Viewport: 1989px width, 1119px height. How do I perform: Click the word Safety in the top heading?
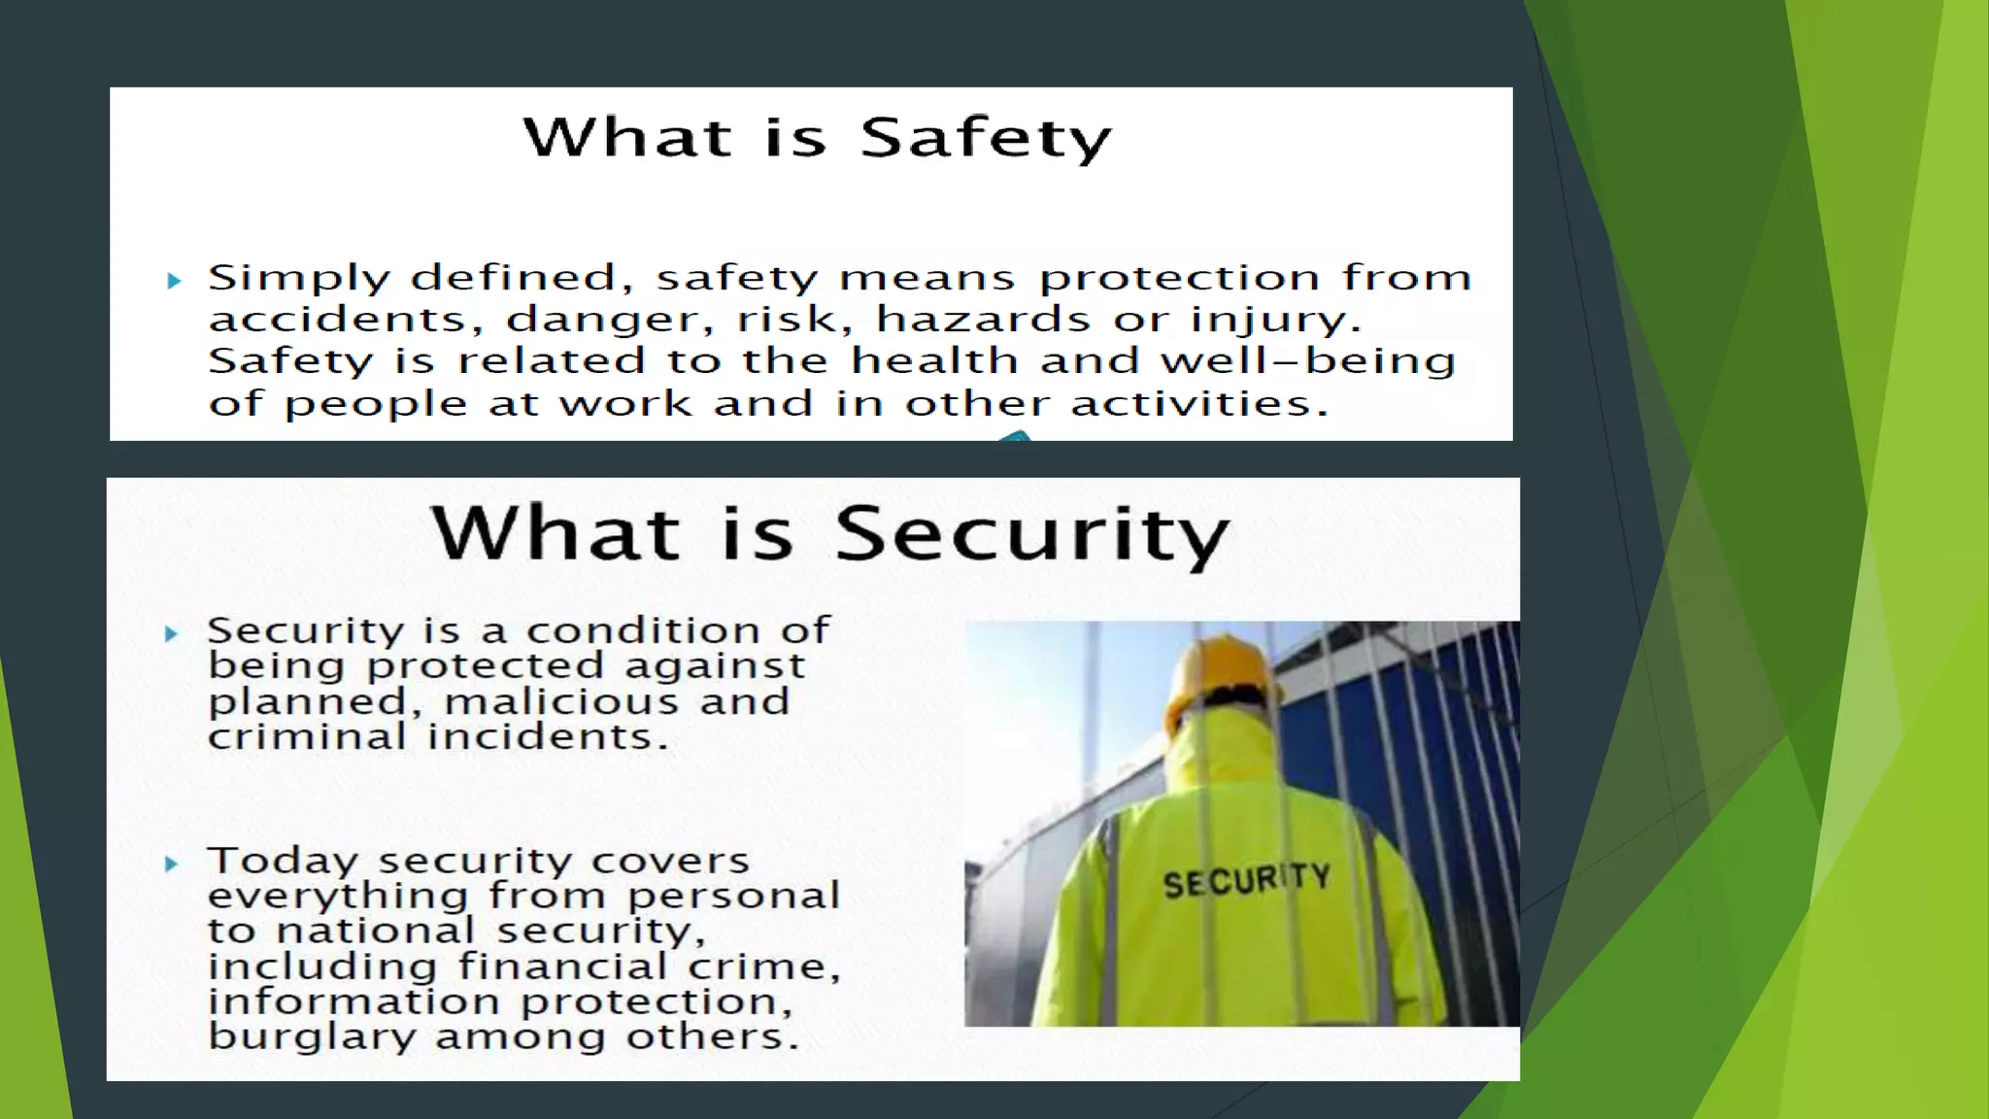[985, 138]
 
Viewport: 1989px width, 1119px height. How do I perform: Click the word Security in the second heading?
[1031, 533]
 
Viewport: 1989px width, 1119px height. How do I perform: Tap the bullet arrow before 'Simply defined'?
[174, 281]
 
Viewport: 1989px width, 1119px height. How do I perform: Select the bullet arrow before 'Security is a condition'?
[172, 634]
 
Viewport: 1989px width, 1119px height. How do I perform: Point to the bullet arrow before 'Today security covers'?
[172, 864]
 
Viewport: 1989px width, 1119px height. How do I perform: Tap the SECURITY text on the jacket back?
[1246, 881]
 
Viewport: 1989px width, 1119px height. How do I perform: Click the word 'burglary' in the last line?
[312, 1037]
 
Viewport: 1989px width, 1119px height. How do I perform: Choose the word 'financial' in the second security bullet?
[562, 966]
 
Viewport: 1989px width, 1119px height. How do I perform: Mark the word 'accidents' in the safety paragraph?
[345, 320]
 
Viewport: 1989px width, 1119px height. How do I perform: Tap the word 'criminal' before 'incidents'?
[307, 736]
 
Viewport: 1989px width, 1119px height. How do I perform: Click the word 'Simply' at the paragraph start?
[299, 279]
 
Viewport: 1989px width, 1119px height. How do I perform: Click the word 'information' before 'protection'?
[354, 1001]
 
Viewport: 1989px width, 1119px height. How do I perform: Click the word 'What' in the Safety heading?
[626, 137]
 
